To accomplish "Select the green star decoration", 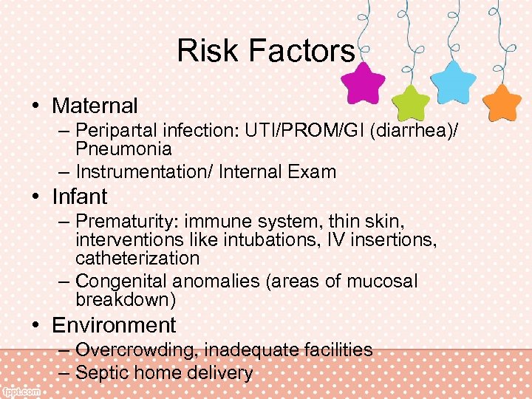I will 410,103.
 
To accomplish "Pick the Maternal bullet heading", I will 95,106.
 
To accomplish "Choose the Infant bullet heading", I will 80,197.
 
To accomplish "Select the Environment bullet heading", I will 114,325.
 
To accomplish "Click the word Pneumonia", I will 123,149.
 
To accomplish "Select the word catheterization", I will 137,259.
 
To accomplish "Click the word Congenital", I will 121,282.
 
